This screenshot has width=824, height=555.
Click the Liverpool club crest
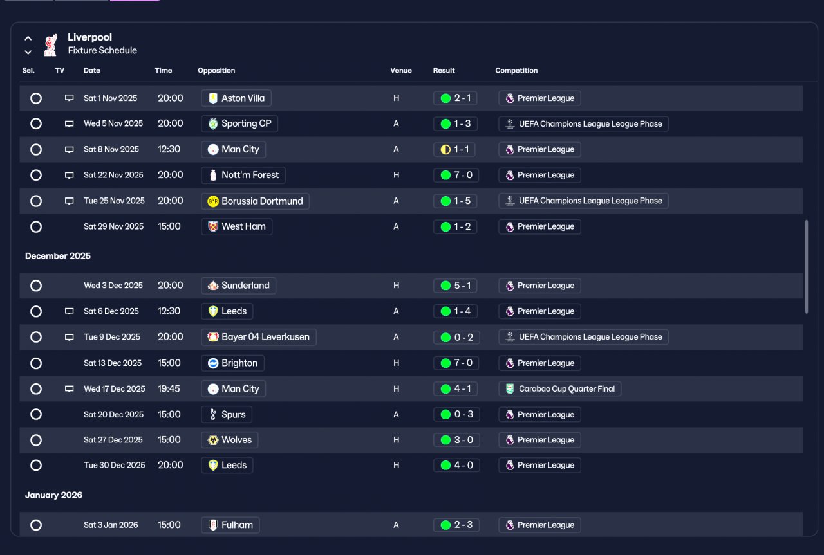click(50, 45)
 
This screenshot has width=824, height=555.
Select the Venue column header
click(401, 71)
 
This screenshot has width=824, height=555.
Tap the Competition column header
click(516, 71)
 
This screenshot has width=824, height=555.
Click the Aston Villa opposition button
click(236, 98)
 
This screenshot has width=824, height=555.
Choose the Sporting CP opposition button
click(239, 123)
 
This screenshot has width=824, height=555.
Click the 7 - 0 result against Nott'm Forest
click(456, 175)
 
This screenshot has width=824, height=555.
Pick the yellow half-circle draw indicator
click(445, 150)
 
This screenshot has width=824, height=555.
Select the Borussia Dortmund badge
click(213, 201)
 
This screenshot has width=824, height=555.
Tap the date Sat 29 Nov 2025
click(114, 226)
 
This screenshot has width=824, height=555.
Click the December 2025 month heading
click(58, 256)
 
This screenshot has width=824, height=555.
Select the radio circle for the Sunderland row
click(36, 286)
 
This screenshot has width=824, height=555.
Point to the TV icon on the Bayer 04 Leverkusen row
click(69, 337)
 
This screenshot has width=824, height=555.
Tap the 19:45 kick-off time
click(169, 388)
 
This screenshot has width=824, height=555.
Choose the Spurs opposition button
click(227, 414)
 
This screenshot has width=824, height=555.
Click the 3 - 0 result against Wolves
click(456, 440)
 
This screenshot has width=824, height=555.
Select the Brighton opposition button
click(232, 363)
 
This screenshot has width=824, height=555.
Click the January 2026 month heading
click(53, 495)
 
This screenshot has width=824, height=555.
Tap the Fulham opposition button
click(230, 525)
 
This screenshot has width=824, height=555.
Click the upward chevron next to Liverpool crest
click(28, 38)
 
